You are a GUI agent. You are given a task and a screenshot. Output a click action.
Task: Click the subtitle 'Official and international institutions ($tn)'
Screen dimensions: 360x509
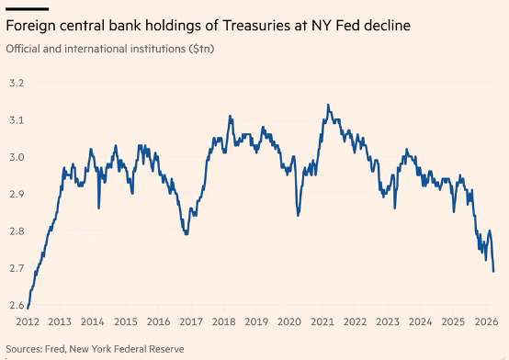(109, 48)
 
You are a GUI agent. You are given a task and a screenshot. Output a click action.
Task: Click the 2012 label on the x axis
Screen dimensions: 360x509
(27, 322)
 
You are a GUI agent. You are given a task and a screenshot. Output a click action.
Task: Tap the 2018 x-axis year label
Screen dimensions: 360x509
(222, 322)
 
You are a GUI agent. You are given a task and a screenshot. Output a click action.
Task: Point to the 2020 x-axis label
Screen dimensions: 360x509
(288, 322)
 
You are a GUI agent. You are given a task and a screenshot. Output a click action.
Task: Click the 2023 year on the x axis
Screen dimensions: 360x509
(387, 322)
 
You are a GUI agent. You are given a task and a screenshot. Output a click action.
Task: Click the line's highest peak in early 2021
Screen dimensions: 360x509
(328, 106)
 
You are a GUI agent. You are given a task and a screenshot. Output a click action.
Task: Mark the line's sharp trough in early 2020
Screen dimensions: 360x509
(298, 216)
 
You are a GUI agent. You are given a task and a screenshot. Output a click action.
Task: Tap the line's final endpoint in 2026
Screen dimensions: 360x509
(493, 272)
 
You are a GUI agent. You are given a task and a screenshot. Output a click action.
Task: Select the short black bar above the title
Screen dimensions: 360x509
(27, 6)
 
